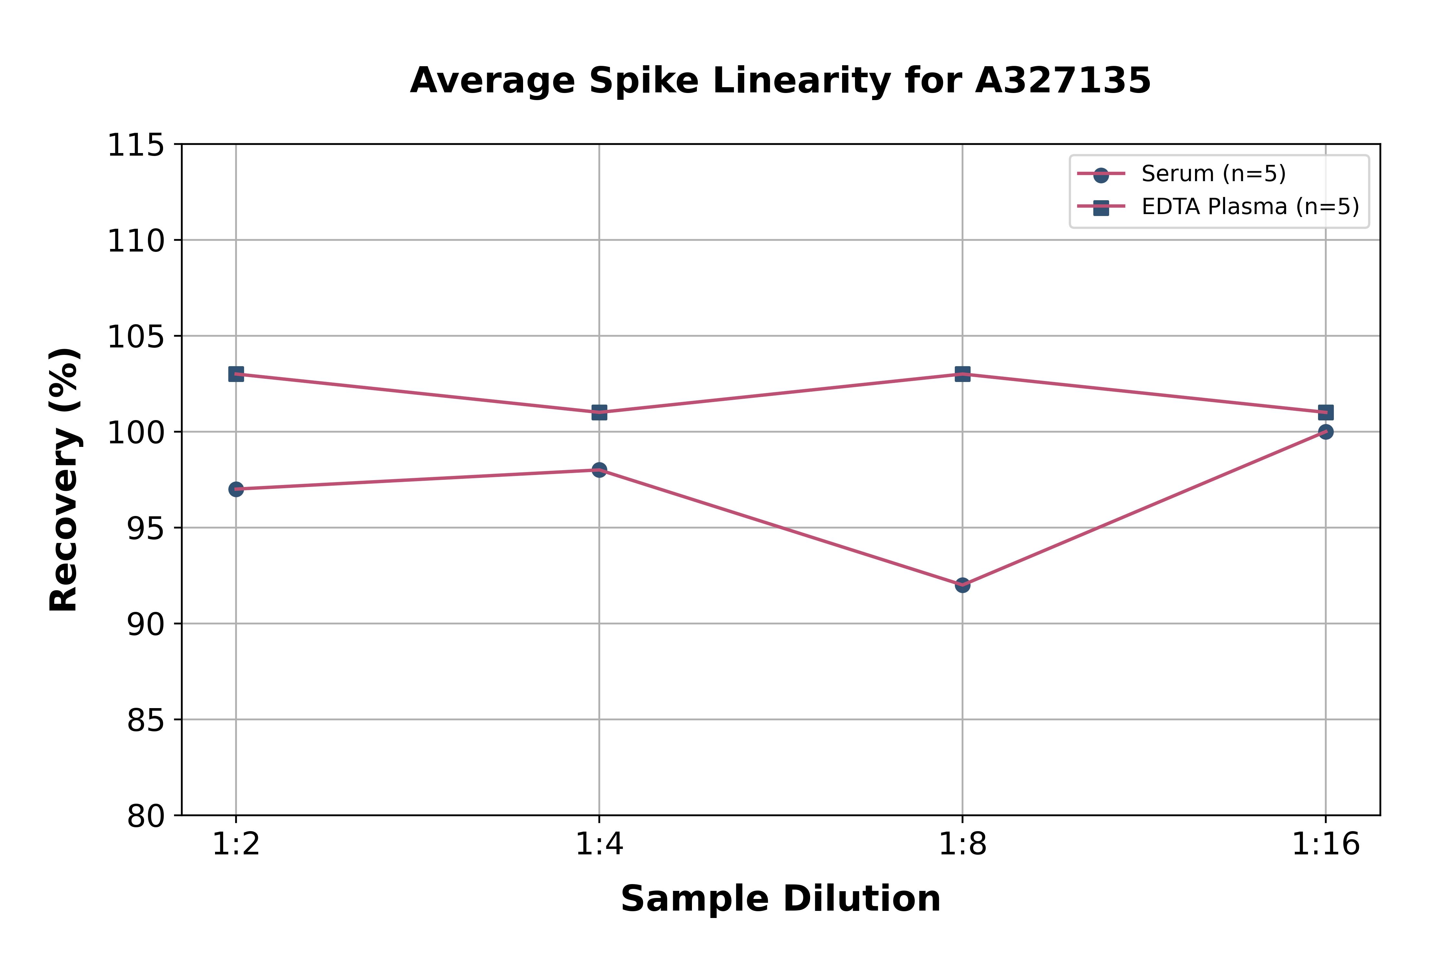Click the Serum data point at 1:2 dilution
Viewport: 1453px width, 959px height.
tap(236, 489)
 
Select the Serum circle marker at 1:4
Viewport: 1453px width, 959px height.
tap(599, 470)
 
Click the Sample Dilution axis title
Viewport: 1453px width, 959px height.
tap(780, 899)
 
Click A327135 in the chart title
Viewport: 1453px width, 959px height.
tap(1063, 81)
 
